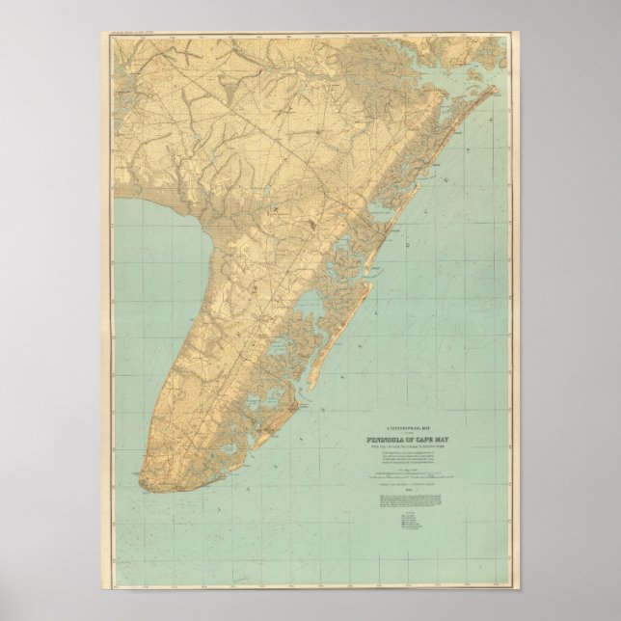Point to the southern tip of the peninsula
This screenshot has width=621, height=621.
145,479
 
